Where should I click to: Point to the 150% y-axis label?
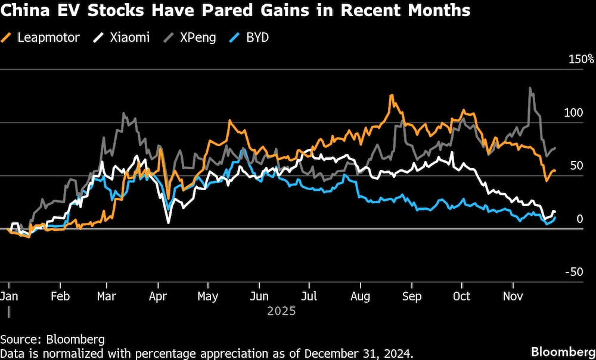click(581, 60)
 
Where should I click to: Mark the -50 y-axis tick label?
click(575, 272)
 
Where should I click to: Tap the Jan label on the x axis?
click(8, 296)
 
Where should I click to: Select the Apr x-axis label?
click(157, 296)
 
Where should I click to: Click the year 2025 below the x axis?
click(281, 311)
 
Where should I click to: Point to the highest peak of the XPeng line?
click(530, 88)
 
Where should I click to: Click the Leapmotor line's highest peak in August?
click(392, 95)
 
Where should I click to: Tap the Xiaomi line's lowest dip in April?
click(168, 222)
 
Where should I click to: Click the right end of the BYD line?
click(555, 218)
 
